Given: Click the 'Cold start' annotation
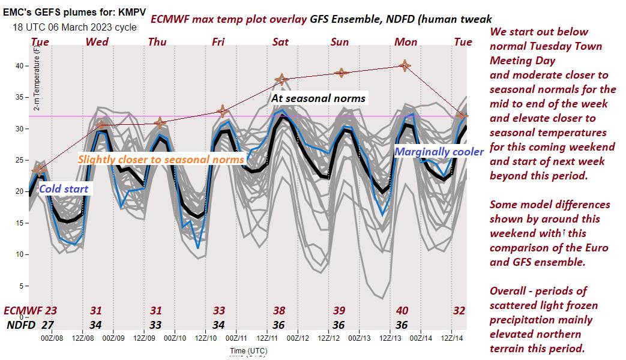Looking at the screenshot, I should pos(64,189).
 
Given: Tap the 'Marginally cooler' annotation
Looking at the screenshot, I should pos(439,152).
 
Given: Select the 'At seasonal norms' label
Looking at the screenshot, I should pos(318,98).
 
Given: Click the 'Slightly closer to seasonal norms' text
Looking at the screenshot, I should pos(161,160).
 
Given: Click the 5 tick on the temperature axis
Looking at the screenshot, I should pos(25,286).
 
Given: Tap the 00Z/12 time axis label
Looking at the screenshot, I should pos(298,337).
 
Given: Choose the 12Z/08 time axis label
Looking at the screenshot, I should pos(82,337).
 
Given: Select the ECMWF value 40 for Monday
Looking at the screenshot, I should pos(402,311).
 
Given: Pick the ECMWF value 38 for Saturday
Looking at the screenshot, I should pos(280,311).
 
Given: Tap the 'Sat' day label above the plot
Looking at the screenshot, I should pos(280,42).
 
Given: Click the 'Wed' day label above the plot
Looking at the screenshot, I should pos(97,41).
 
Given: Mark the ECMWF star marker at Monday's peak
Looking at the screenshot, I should pos(405,65).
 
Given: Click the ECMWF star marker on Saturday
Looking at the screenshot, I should pos(281,79).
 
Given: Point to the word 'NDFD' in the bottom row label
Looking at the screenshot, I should pos(20,325).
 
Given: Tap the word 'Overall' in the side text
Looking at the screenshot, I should pos(510,291).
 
